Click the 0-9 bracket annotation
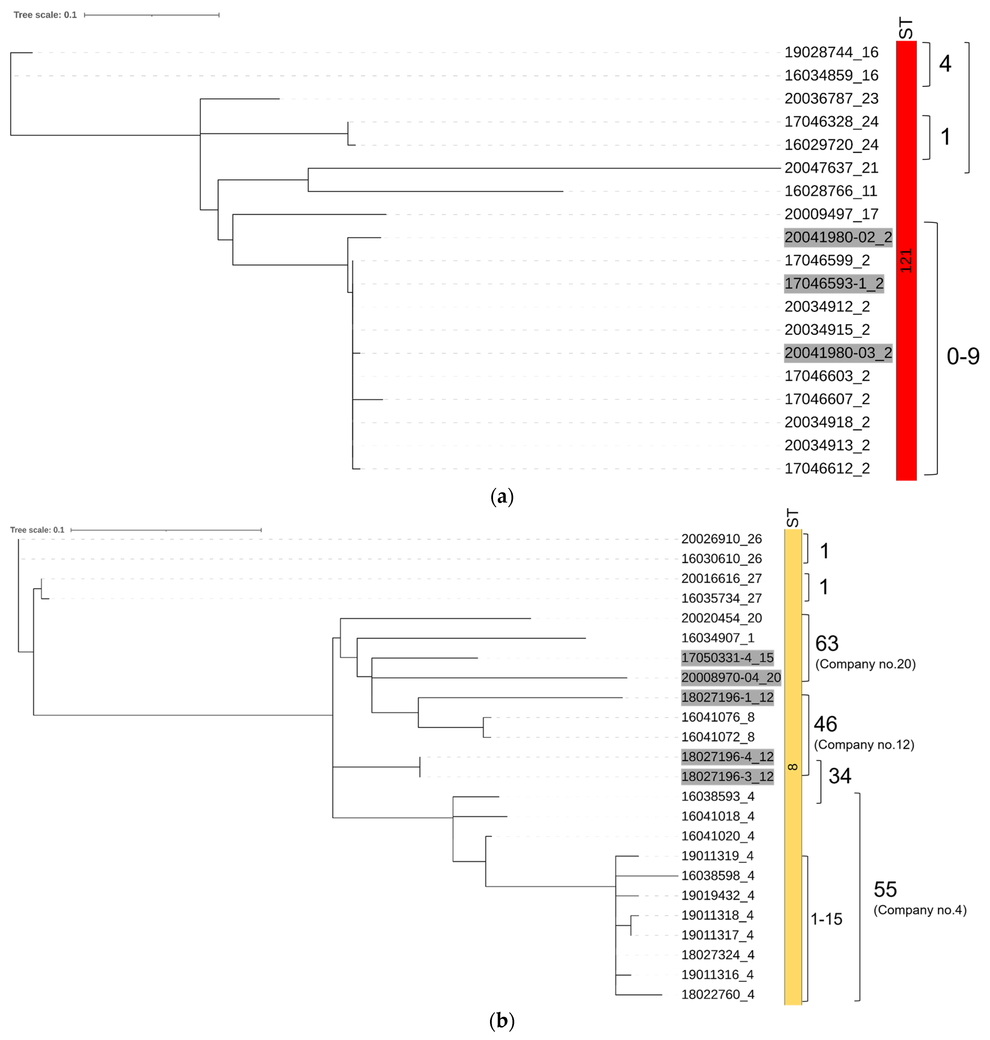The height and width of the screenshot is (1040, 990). click(x=963, y=357)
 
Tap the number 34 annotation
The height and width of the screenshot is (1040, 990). click(x=839, y=776)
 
